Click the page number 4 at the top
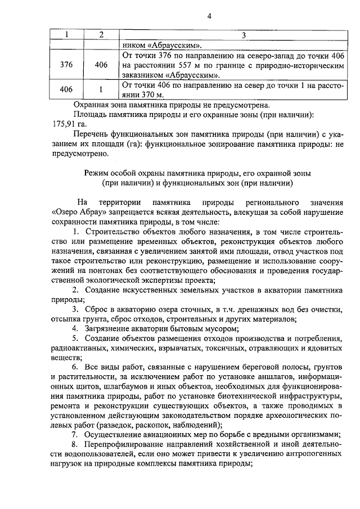pos(209,16)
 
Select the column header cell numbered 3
pos(244,35)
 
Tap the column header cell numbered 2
pos(101,35)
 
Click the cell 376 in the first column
pos(66,65)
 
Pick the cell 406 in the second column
pos(101,65)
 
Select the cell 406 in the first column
pos(66,89)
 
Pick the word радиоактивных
pos(71,347)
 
